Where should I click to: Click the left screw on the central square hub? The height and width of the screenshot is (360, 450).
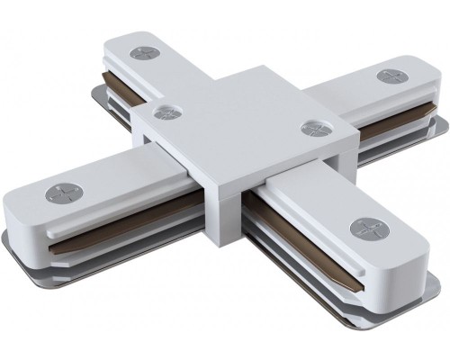[x=165, y=113]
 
